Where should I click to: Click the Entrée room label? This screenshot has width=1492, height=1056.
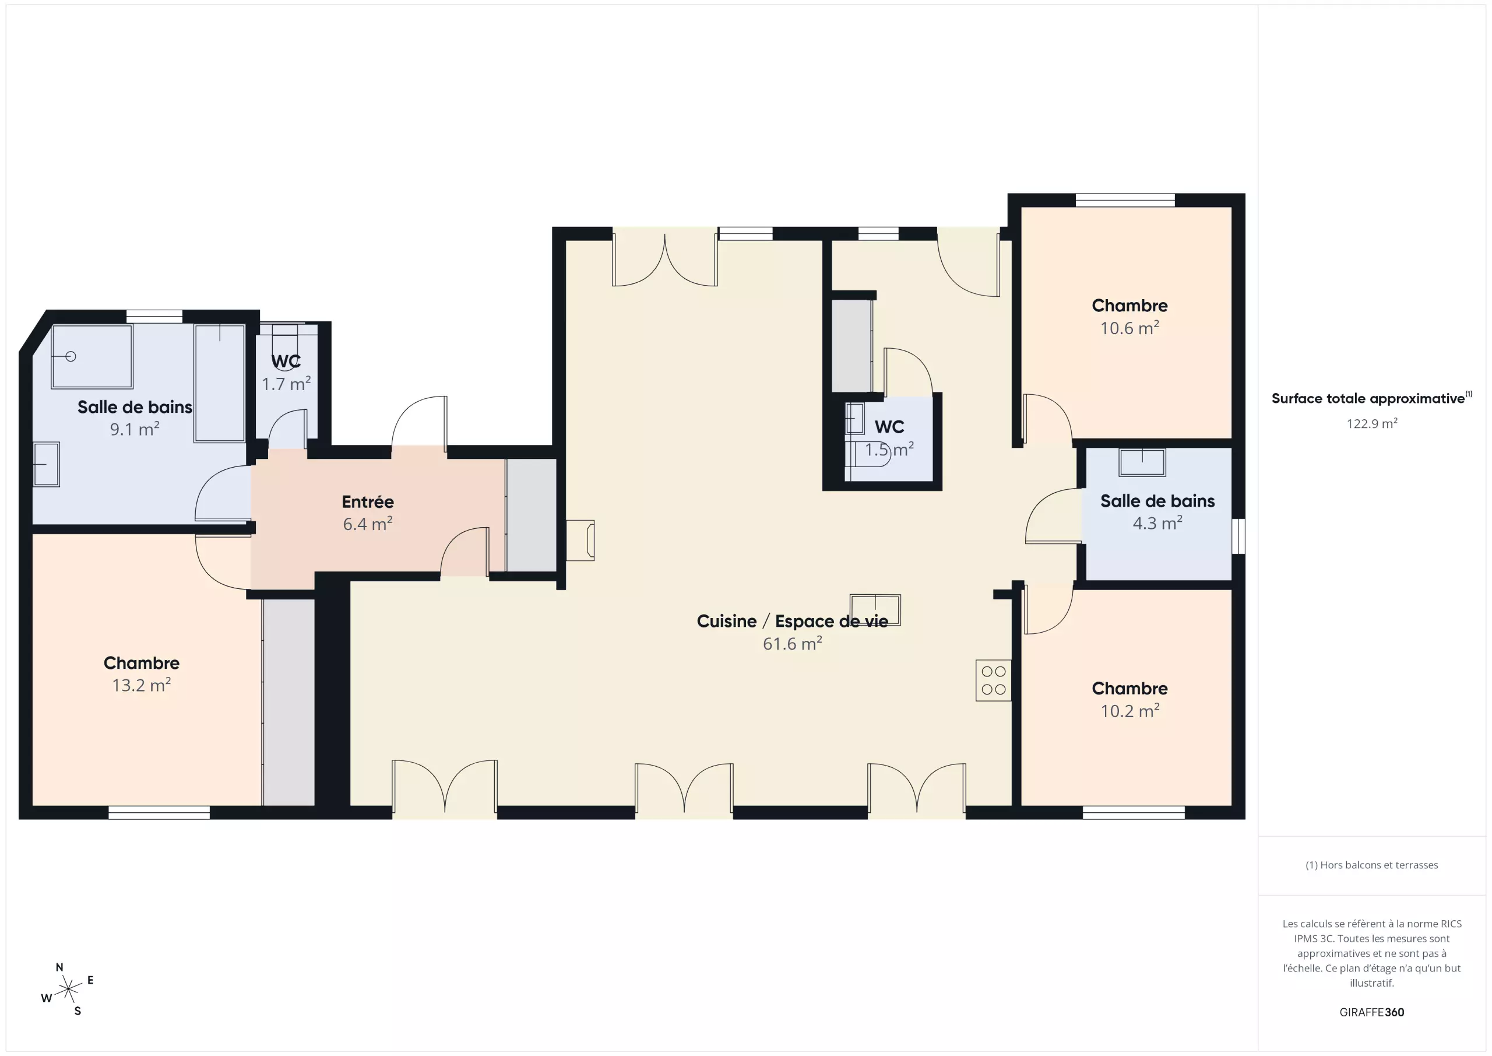tap(368, 502)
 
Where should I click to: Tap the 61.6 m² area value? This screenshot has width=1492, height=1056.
tap(793, 643)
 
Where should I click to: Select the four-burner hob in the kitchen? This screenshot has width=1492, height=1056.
tap(994, 680)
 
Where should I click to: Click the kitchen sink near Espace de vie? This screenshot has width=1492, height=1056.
tap(875, 610)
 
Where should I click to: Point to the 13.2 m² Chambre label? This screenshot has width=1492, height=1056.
tap(142, 663)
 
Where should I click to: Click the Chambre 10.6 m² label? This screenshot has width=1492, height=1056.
tap(1129, 306)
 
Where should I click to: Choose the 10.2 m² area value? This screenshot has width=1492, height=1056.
tap(1130, 711)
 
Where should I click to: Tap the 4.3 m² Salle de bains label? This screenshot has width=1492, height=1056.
tap(1157, 501)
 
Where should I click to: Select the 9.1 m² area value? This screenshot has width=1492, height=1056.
tap(135, 429)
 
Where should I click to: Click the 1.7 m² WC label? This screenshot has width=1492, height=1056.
tap(286, 362)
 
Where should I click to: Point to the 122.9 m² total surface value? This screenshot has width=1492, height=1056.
tap(1372, 424)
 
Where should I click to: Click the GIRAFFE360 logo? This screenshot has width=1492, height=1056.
tap(1372, 1012)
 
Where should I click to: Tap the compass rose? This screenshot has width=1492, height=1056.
tap(68, 990)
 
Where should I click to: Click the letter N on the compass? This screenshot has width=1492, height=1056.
tap(60, 967)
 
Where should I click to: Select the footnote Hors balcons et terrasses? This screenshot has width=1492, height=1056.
tap(1372, 865)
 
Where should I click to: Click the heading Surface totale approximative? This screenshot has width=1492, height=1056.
tap(1368, 399)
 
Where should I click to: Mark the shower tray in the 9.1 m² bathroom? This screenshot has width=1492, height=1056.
tap(92, 356)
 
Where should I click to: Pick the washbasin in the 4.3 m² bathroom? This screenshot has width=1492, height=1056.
tap(1142, 462)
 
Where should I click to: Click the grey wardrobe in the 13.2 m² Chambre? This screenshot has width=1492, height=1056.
tap(288, 702)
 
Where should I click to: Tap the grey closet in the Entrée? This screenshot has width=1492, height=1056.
tap(531, 515)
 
